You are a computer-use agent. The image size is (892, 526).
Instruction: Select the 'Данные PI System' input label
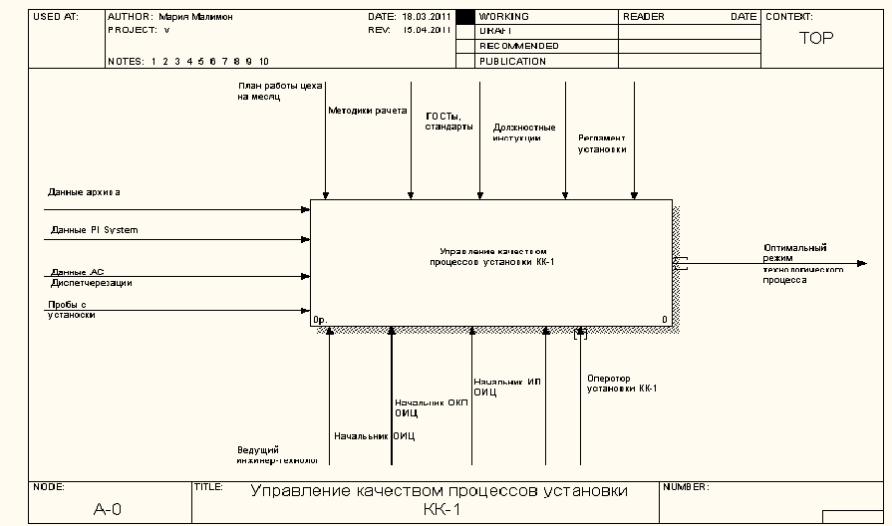coord(95,230)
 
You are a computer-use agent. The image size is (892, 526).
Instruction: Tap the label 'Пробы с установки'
coord(72,310)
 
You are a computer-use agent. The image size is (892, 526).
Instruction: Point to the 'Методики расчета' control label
coord(368,111)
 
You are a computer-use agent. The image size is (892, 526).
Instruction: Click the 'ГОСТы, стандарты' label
coord(448,122)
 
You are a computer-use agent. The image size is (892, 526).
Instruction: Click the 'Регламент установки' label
coord(603,143)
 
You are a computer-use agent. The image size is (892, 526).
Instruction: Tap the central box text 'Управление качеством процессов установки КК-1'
coord(492,257)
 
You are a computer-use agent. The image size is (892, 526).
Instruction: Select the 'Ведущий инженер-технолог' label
coord(276,455)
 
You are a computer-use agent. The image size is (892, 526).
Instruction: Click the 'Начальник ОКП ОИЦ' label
coord(431,407)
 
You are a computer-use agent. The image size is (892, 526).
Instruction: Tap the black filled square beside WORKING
coord(463,17)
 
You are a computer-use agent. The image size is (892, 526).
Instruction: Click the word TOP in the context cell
coord(816,39)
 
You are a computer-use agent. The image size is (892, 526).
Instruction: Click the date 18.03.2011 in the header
coord(424,17)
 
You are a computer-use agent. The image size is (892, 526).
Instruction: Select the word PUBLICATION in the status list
coord(512,62)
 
